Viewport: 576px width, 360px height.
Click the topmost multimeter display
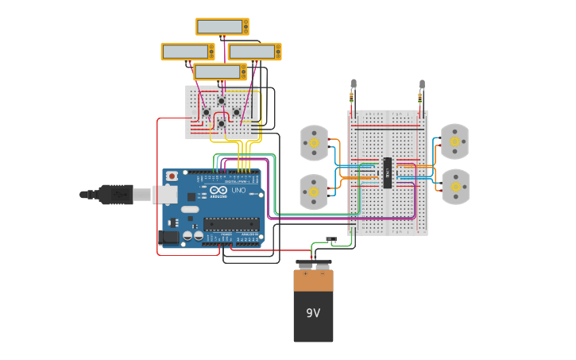222,26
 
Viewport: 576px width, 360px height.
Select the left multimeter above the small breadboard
187,52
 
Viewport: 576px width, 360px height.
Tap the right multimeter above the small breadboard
254,52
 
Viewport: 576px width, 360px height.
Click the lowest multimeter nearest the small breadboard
220,72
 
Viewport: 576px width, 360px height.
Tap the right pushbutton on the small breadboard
237,112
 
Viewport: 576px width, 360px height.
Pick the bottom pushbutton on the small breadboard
221,124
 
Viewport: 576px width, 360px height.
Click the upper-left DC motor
314,142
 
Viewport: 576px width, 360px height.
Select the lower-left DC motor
314,192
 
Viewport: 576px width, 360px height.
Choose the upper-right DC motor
454,141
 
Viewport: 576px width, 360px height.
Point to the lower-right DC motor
454,187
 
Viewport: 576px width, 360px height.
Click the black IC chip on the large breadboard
387,172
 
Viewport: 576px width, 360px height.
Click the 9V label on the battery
313,313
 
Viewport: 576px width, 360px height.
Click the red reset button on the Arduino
172,176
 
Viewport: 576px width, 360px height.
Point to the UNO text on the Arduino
240,190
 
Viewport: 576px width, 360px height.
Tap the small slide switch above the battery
331,238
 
